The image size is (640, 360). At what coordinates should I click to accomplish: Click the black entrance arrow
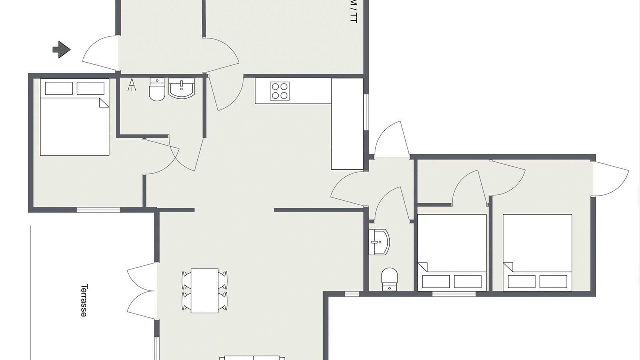(61, 50)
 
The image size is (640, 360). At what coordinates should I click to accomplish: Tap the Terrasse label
(83, 300)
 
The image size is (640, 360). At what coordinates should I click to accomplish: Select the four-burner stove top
(279, 91)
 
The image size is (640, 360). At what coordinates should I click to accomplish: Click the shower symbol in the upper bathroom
(132, 85)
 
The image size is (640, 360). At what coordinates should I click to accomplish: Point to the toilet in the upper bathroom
(157, 89)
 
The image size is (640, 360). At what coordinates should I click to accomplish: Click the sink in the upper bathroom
(181, 88)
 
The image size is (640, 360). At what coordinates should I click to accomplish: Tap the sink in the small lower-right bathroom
(379, 242)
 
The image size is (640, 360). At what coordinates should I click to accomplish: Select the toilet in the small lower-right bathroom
(389, 279)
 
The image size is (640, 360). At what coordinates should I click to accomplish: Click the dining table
(205, 291)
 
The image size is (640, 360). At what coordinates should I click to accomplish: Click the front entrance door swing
(100, 53)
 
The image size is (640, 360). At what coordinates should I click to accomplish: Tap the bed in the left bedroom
(75, 117)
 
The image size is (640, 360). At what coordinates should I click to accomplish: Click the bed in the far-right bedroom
(537, 253)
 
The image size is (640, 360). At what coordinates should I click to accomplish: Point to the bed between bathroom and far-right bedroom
(452, 253)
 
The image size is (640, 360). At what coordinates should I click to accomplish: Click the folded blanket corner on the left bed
(104, 103)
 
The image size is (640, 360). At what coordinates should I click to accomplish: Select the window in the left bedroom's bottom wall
(98, 210)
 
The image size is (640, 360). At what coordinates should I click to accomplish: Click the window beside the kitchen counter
(366, 112)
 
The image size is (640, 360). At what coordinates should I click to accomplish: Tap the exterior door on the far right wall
(611, 179)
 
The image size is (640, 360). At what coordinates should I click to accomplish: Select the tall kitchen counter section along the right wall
(347, 124)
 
